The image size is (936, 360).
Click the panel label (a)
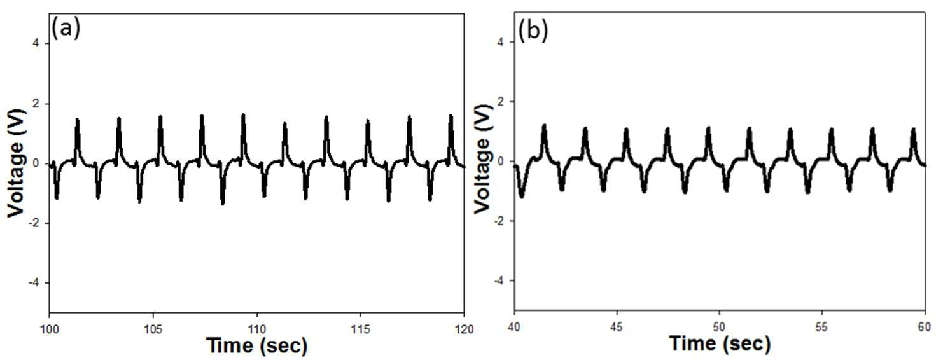click(x=66, y=29)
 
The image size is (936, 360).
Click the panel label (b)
click(x=533, y=32)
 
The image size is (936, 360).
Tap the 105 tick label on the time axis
click(x=153, y=329)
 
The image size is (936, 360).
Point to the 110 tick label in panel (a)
click(x=256, y=329)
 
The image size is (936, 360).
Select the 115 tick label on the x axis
click(x=360, y=329)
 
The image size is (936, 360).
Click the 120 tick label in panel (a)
click(x=463, y=329)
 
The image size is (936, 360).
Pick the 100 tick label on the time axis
click(x=49, y=329)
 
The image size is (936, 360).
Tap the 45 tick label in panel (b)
click(x=617, y=327)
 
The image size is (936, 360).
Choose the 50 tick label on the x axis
click(x=719, y=327)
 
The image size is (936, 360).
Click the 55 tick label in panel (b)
click(x=822, y=327)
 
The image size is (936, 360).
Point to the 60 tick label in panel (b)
click(x=925, y=327)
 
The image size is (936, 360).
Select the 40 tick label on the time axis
click(x=514, y=327)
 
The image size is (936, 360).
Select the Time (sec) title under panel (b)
click(x=720, y=343)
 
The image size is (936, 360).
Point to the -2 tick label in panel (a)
click(x=36, y=223)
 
